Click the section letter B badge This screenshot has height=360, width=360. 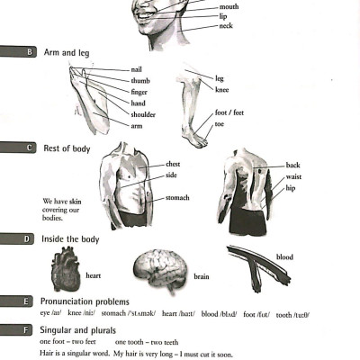30,52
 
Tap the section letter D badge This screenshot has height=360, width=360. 30,238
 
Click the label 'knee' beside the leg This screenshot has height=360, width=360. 222,90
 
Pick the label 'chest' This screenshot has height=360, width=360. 173,165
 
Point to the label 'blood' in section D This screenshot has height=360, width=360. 284,257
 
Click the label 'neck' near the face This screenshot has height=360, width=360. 226,26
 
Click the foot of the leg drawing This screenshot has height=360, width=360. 193,136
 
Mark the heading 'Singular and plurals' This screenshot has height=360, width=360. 80,332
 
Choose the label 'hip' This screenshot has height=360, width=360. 291,189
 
